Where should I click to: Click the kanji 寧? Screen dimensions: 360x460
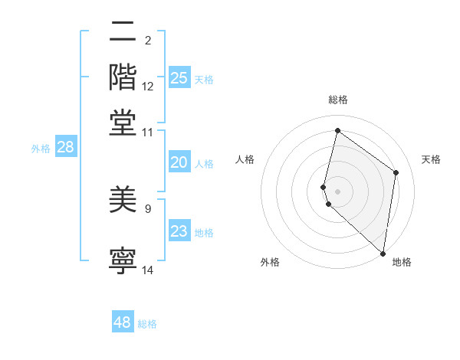(x=123, y=260)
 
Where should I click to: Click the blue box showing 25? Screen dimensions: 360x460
(x=179, y=77)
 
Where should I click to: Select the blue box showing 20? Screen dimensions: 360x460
(x=179, y=162)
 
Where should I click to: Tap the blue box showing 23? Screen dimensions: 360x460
(x=179, y=231)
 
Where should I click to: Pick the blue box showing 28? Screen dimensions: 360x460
(x=65, y=148)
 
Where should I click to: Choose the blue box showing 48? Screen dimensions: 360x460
(x=123, y=322)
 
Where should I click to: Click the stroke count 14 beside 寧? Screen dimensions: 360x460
(x=148, y=270)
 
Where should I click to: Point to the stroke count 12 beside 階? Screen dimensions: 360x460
(x=148, y=87)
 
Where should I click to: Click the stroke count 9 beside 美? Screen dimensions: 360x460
(x=148, y=208)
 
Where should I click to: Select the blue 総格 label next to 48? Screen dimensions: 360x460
(x=147, y=324)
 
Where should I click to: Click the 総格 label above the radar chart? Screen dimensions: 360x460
(x=338, y=100)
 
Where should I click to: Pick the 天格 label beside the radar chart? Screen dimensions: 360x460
(x=431, y=159)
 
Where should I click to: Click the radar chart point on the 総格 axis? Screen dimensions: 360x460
(x=337, y=130)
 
